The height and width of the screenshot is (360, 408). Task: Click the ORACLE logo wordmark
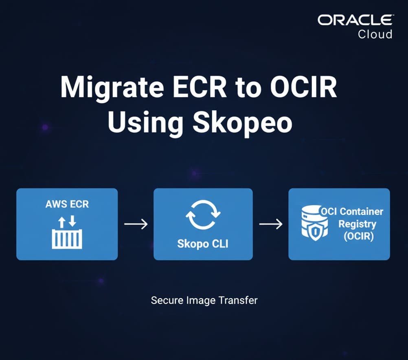355,20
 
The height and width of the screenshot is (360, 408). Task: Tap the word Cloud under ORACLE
375,34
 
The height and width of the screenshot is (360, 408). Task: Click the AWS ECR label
67,203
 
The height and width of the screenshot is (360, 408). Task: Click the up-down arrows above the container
67,221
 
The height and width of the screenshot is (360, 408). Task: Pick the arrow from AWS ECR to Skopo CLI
136,224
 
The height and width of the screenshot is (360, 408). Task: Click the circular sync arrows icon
203,215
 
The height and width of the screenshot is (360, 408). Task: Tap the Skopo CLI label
203,244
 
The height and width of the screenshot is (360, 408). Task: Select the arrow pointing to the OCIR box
271,224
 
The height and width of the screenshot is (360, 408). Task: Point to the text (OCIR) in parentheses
358,236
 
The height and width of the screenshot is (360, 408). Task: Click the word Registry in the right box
357,224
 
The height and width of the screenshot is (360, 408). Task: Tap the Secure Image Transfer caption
204,300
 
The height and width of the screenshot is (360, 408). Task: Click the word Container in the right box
361,212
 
